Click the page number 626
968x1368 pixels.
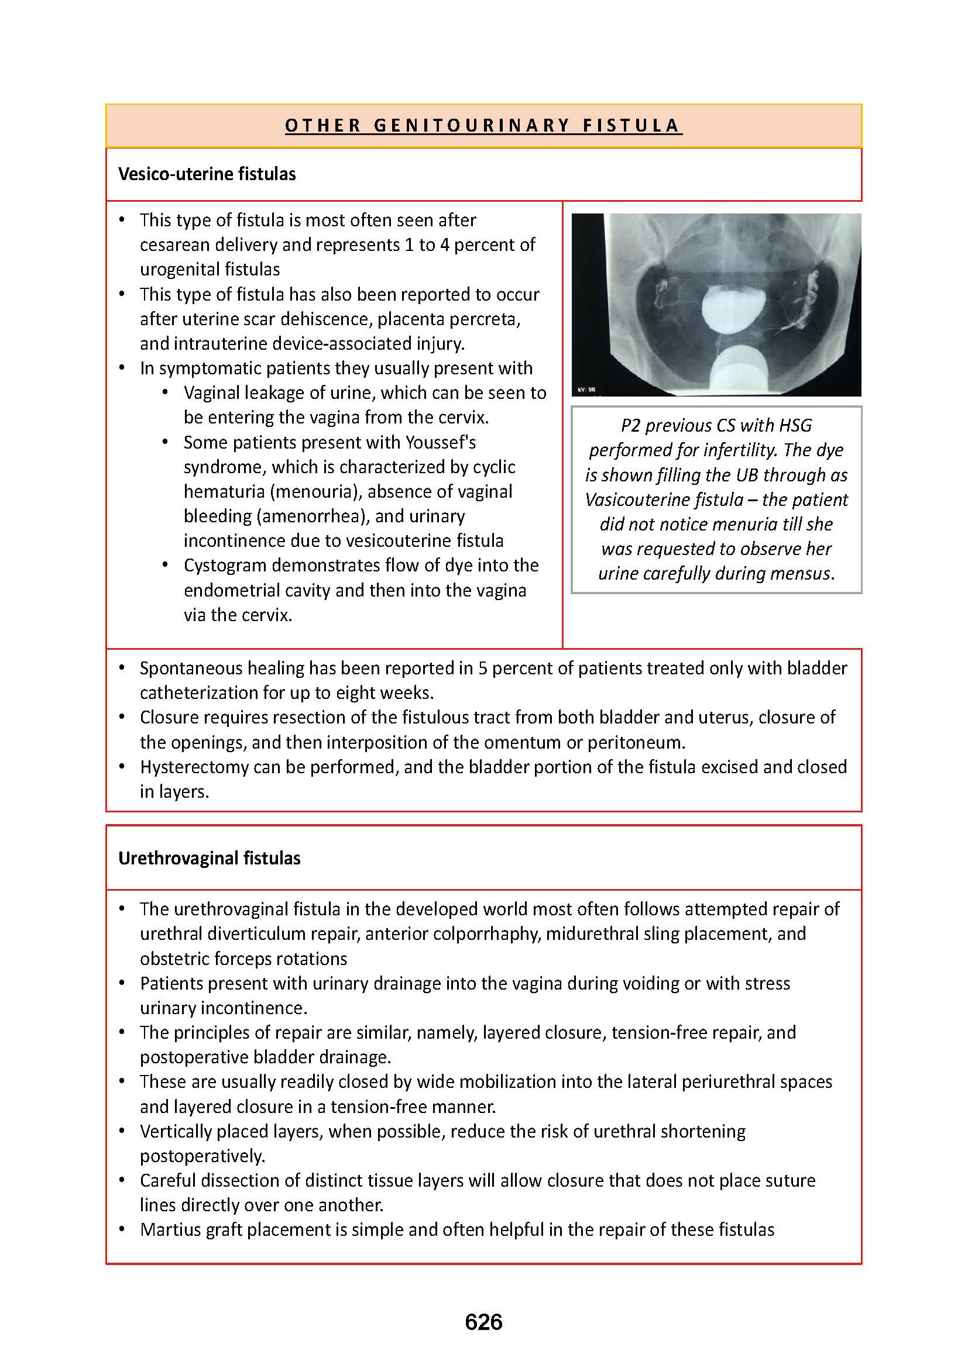pos(483,1322)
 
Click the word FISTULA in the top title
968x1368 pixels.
pos(632,126)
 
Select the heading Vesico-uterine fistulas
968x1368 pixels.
pos(207,174)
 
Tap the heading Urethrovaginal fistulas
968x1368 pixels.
pos(209,858)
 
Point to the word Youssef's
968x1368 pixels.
pos(441,442)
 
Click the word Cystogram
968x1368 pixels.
pos(225,565)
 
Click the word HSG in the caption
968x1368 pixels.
pos(795,425)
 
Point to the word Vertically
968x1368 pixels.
pos(175,1132)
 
